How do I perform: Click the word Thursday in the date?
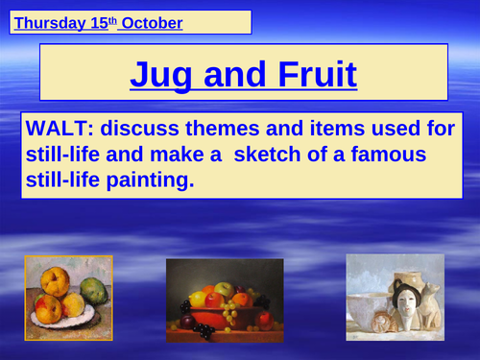click(x=51, y=21)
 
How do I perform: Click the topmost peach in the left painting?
click(x=53, y=281)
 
